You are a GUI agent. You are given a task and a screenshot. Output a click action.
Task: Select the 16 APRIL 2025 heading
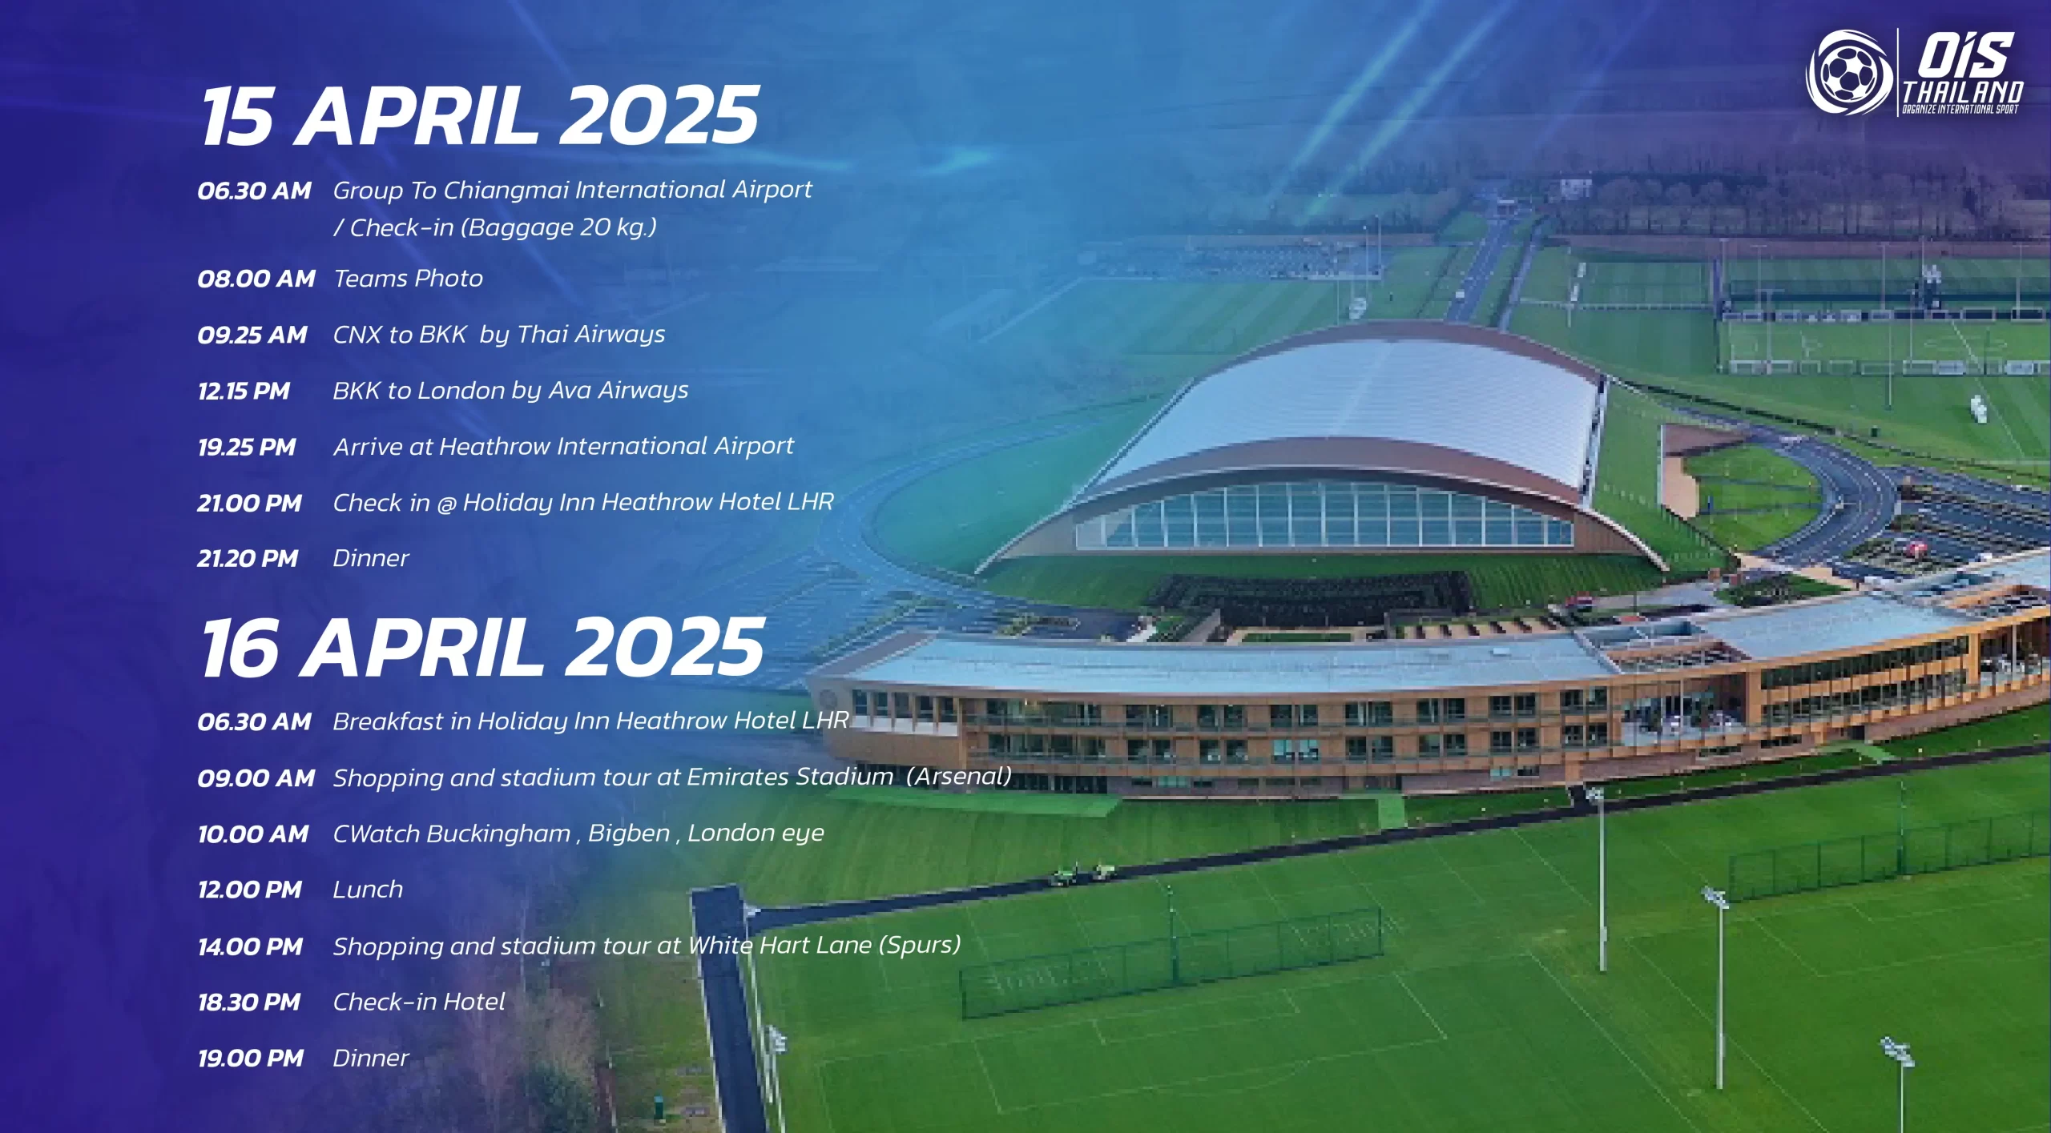click(x=482, y=648)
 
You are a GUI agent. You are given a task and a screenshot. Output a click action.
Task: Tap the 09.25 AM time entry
click(x=252, y=335)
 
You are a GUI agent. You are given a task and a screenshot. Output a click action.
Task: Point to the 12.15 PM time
click(x=244, y=391)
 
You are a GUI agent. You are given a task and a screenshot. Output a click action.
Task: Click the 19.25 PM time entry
click(x=247, y=447)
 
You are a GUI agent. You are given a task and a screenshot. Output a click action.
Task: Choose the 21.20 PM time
click(x=248, y=558)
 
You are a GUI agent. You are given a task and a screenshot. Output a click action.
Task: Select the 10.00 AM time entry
click(x=253, y=834)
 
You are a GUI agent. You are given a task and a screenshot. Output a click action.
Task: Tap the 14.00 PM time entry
click(x=251, y=947)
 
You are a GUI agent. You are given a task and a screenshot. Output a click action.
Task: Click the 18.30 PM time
click(x=249, y=1002)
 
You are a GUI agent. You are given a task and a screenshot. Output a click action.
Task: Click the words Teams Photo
click(x=409, y=279)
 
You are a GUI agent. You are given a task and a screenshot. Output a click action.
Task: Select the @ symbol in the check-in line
click(x=446, y=504)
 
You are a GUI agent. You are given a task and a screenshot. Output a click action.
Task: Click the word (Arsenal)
click(x=959, y=777)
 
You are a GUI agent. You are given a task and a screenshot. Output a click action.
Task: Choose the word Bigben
click(x=629, y=834)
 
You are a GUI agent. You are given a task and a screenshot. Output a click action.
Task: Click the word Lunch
click(x=368, y=890)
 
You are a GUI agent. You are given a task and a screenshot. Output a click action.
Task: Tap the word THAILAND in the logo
click(x=1963, y=91)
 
